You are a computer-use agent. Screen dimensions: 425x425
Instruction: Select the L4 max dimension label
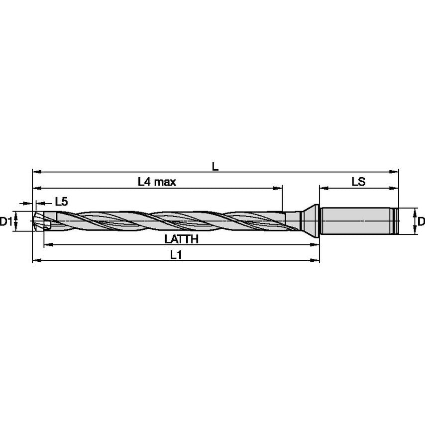coord(157,182)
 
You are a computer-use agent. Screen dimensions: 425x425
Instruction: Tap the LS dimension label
coord(358,182)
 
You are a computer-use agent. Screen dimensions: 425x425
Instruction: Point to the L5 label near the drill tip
coord(61,202)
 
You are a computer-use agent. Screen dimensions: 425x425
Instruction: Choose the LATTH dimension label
coord(182,239)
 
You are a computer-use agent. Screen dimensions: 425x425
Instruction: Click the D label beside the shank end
coord(421,221)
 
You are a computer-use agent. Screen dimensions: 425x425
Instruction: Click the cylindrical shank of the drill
coord(356,221)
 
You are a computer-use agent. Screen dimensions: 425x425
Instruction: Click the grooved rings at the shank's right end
coord(396,221)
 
